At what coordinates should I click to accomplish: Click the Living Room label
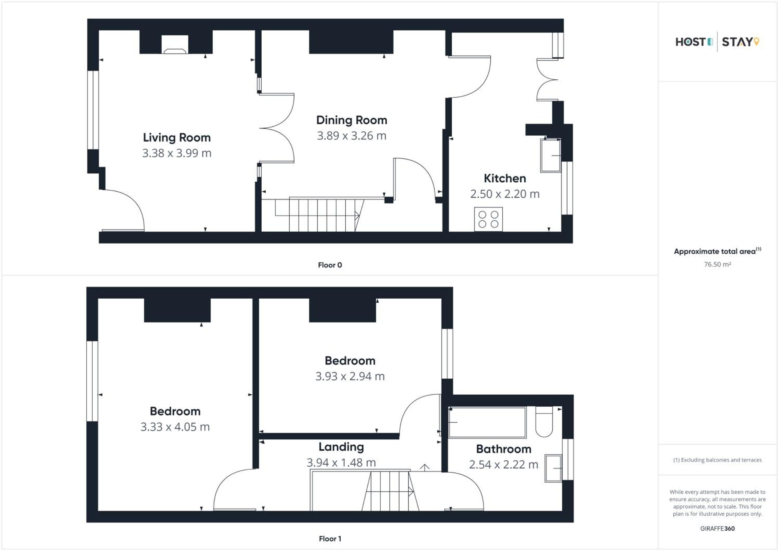[x=177, y=137]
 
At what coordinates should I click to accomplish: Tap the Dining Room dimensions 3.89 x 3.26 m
[x=352, y=136]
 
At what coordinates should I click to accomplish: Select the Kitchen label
[x=505, y=178]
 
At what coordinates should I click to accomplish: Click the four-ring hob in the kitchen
[x=489, y=219]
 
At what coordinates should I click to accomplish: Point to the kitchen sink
[x=551, y=155]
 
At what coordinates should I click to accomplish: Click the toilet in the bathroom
[x=544, y=421]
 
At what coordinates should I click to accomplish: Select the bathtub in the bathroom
[x=487, y=422]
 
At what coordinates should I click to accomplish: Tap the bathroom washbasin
[x=553, y=468]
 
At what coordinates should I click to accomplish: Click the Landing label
[x=341, y=447]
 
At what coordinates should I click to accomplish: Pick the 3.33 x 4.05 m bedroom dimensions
[x=175, y=427]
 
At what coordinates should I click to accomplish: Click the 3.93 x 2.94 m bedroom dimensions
[x=350, y=376]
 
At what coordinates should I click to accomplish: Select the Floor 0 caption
[x=330, y=265]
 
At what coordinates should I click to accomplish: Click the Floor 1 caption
[x=330, y=539]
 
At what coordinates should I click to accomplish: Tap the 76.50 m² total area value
[x=718, y=264]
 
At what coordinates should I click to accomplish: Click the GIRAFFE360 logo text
[x=718, y=529]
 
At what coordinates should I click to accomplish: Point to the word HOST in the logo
[x=691, y=42]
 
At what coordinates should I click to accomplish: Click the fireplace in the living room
[x=175, y=44]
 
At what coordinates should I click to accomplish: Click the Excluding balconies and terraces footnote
[x=718, y=460]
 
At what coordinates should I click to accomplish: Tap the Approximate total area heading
[x=718, y=251]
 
